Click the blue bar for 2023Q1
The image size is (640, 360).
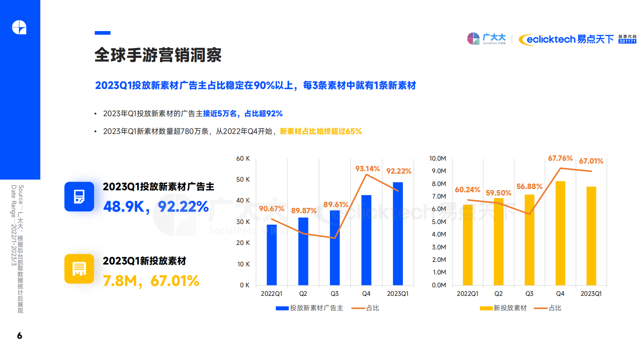point(398,234)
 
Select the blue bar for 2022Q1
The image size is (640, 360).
point(272,255)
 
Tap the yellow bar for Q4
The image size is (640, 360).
point(560,233)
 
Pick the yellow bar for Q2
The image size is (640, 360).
point(498,242)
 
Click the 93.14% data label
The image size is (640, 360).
point(367,169)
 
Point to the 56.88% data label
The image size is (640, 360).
point(529,186)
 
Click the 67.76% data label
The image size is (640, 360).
point(560,158)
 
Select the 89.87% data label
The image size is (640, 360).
point(304,211)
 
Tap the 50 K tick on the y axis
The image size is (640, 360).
point(243,180)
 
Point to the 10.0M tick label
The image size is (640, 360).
point(438,159)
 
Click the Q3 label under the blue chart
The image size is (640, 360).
point(335,294)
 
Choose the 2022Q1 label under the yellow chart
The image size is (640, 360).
point(467,294)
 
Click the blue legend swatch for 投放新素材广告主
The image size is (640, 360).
point(282,308)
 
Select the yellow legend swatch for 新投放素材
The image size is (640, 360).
point(486,308)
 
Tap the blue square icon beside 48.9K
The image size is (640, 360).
point(79,197)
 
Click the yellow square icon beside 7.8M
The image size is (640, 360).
point(79,269)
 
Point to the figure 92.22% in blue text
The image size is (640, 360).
point(183,207)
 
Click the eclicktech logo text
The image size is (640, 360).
point(550,39)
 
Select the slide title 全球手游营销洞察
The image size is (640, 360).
point(158,55)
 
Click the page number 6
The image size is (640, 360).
point(19,336)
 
